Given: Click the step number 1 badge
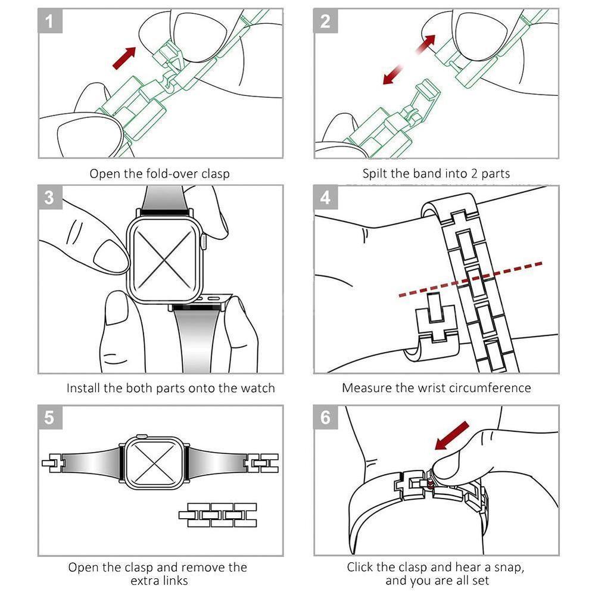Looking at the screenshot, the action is coord(49,21).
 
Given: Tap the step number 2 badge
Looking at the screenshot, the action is coord(325,21).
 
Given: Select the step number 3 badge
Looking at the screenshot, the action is coord(49,197).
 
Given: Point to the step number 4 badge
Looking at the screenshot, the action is coord(325,197).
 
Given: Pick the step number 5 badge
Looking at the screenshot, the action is coord(49,418).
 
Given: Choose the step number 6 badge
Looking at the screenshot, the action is coord(325,418).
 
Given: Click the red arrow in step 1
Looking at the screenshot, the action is coord(124,58).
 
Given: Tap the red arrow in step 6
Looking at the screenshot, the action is coord(451,435).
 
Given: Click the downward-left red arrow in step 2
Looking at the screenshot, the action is coord(392,74).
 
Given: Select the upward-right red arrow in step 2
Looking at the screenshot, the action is coord(425,45).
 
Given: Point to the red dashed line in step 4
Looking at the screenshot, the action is coord(470,279).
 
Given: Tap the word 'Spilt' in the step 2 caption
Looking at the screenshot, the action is coord(375,174).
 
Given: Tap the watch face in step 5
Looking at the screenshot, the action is coord(154,462).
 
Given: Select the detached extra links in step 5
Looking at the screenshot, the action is coord(218,515).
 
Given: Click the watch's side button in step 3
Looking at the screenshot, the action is coord(204,241).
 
